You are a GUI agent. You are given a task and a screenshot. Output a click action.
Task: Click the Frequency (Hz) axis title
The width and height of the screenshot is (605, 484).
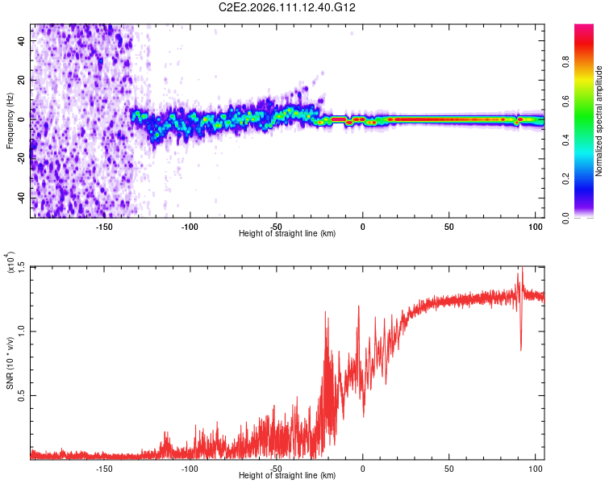coord(10,120)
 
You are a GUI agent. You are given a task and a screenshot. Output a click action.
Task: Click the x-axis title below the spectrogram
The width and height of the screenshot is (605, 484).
coord(287,233)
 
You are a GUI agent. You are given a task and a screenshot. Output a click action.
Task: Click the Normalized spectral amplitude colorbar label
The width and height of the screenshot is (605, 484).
coord(599,121)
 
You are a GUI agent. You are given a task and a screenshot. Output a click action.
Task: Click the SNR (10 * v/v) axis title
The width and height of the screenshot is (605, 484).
coord(10,362)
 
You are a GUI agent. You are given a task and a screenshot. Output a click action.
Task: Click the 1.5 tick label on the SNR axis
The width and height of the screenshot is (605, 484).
coord(21,267)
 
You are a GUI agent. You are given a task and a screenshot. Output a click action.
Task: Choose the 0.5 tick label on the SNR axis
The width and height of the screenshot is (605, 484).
coord(21,395)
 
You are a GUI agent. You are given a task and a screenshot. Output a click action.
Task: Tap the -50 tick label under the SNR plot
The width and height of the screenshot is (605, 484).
coord(276,467)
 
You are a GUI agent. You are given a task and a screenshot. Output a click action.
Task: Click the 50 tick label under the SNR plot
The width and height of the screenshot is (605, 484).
coord(449,467)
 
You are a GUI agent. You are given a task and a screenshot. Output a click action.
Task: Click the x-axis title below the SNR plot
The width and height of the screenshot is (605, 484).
coord(287,476)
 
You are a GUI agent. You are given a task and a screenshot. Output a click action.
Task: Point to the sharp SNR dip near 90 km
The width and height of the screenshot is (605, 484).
coord(521,348)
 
